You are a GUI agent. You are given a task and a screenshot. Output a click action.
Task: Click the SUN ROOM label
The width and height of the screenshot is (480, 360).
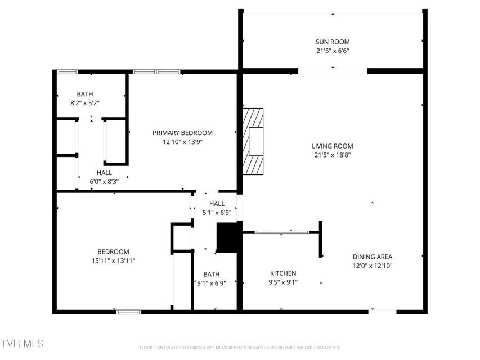coord(333,42)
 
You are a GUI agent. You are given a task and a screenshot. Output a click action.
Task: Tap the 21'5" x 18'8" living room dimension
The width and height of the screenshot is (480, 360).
coord(333,155)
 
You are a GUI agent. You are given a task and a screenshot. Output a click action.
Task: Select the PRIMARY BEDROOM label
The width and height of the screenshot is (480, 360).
coord(182,133)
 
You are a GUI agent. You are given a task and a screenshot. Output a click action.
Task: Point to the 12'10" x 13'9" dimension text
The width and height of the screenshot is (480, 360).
coord(183,142)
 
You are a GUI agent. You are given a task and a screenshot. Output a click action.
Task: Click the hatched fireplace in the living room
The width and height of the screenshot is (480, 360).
coord(253,141)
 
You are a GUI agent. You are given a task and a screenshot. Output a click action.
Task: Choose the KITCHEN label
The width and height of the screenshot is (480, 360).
coord(283,273)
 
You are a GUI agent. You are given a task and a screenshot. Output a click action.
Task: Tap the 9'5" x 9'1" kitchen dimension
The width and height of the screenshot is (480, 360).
coord(283,282)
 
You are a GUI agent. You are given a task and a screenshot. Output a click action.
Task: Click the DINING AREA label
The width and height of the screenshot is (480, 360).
coord(373,257)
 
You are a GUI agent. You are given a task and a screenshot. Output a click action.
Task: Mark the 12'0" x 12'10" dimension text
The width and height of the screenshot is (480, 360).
coord(373,265)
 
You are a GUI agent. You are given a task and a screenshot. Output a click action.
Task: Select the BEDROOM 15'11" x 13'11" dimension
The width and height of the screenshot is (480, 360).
coord(113,261)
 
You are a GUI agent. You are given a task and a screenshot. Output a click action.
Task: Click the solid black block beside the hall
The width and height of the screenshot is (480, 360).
coord(227,237)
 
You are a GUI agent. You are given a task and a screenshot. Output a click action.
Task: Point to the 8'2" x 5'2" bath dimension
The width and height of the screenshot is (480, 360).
coord(85,103)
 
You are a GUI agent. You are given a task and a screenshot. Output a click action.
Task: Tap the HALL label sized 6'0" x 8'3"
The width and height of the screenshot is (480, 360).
coord(104,173)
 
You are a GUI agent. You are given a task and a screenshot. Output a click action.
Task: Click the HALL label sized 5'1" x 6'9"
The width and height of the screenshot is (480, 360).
coord(217,204)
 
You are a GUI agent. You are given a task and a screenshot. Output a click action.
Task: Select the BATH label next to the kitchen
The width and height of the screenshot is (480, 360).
coord(211,274)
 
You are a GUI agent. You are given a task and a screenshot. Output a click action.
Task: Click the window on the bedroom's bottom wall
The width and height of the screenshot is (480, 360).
coord(129,312)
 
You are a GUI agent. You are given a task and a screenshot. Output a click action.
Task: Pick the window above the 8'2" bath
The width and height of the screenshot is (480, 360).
coord(68,72)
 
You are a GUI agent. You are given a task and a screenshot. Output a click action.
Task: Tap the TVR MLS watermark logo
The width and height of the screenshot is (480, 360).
coord(22,343)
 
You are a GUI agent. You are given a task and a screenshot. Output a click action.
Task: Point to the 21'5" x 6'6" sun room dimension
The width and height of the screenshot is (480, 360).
coord(333,51)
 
